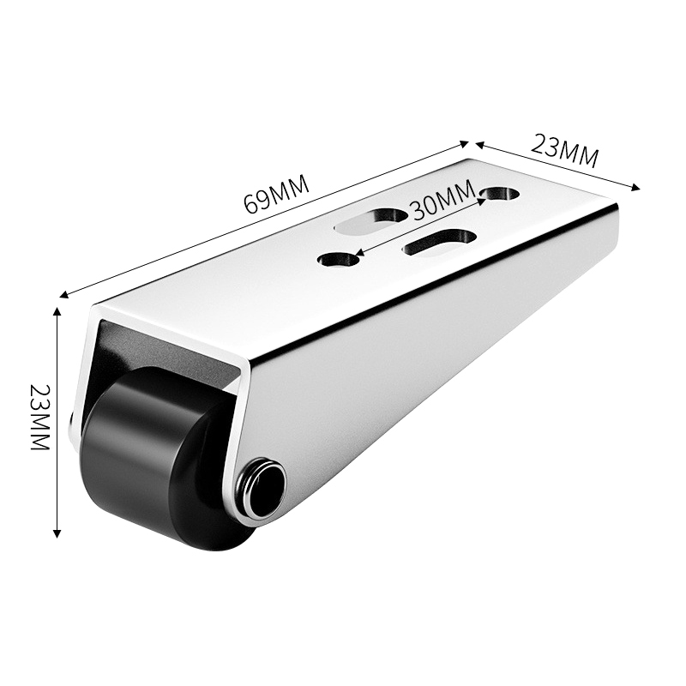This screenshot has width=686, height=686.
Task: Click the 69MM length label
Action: coord(276,194)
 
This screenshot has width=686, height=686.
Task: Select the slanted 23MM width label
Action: coord(564,152)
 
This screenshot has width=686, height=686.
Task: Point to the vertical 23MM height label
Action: coord(40,418)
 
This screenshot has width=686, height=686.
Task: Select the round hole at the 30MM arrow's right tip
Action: coord(500,194)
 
